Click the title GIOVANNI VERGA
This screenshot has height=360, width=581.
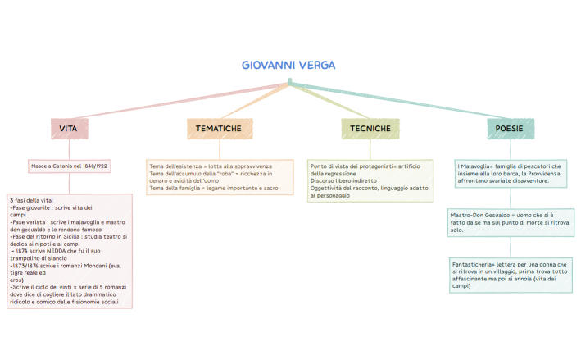pyautogui.click(x=289, y=65)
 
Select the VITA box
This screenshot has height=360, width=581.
pyautogui.click(x=69, y=129)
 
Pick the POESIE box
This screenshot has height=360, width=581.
pyautogui.click(x=510, y=129)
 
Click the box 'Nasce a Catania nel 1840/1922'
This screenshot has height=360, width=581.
pyautogui.click(x=70, y=166)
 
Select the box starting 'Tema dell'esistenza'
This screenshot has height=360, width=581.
pyautogui.click(x=219, y=177)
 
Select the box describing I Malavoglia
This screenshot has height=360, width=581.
pyautogui.click(x=511, y=173)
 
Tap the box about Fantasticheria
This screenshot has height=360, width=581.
pyautogui.click(x=511, y=275)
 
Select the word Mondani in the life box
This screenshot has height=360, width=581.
pyautogui.click(x=102, y=266)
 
